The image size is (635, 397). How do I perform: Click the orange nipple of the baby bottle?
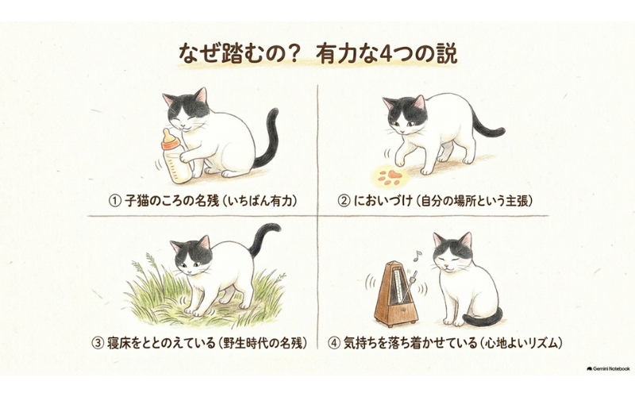[170, 141]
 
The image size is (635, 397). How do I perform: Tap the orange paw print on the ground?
[389, 177]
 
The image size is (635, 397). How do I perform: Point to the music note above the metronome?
[417, 255]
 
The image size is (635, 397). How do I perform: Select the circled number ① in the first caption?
[115, 201]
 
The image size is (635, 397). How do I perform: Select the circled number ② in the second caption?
[344, 201]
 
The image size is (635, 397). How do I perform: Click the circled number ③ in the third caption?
[98, 344]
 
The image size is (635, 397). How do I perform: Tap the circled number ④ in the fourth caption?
[333, 344]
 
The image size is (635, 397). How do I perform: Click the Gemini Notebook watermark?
[608, 369]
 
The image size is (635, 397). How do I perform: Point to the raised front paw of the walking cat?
[400, 161]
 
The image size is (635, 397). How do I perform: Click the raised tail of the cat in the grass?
[263, 237]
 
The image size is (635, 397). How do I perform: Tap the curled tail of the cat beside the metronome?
[483, 319]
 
